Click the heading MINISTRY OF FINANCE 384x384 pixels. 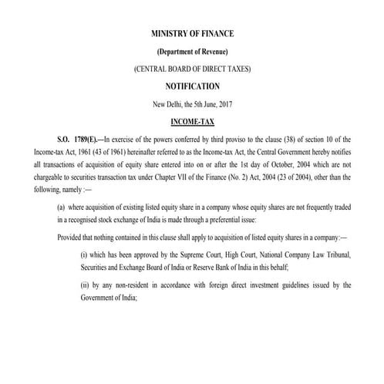pyautogui.click(x=191, y=35)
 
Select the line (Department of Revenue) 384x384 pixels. pyautogui.click(x=191, y=52)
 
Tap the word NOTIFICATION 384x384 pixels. pyautogui.click(x=191, y=86)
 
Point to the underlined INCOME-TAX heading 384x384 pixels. pyautogui.click(x=191, y=121)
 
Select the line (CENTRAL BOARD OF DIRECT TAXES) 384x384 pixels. pyautogui.click(x=191, y=69)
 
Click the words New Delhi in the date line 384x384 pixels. pyautogui.click(x=170, y=103)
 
